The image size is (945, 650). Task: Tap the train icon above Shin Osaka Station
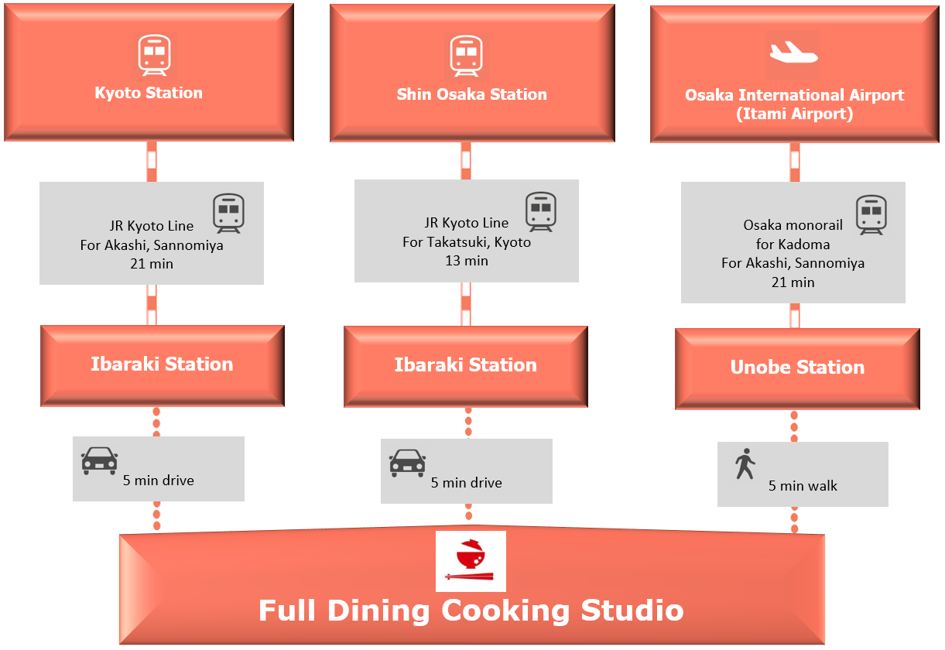pyautogui.click(x=467, y=56)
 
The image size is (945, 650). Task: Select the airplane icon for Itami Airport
pyautogui.click(x=793, y=54)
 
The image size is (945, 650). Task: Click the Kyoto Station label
pyautogui.click(x=149, y=93)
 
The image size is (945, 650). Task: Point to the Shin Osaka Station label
pyautogui.click(x=471, y=94)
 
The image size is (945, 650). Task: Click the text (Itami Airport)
pyautogui.click(x=794, y=114)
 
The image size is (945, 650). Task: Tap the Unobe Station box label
pyautogui.click(x=797, y=368)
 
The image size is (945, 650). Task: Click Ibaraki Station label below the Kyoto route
pyautogui.click(x=162, y=364)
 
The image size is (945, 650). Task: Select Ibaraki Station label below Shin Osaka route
pyautogui.click(x=465, y=365)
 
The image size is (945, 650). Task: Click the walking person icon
pyautogui.click(x=745, y=464)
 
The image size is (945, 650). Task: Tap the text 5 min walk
pyautogui.click(x=803, y=486)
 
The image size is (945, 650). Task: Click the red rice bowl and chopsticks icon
pyautogui.click(x=471, y=561)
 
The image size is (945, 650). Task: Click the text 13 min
pyautogui.click(x=467, y=261)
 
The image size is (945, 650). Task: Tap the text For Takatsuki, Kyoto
pyautogui.click(x=467, y=242)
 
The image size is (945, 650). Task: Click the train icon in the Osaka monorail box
pyautogui.click(x=871, y=214)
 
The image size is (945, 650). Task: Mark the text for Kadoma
pyautogui.click(x=793, y=244)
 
